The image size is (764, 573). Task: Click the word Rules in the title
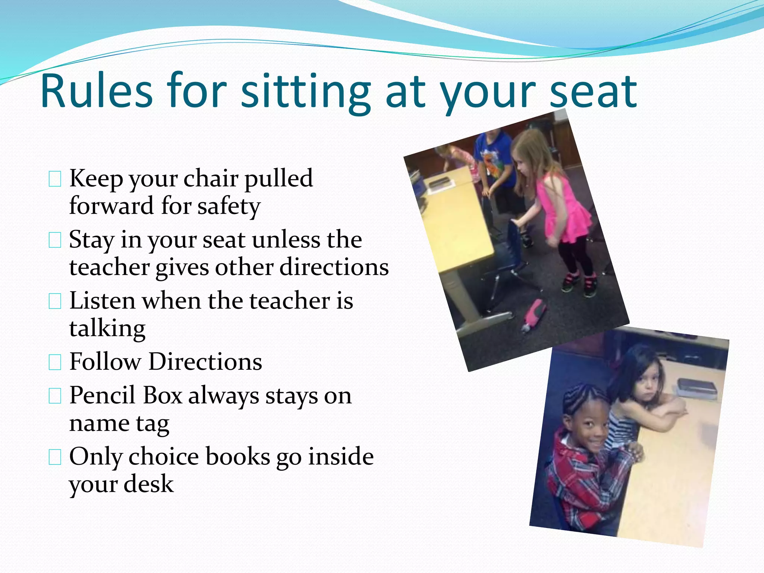point(97,91)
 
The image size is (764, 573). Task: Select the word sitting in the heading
point(306,93)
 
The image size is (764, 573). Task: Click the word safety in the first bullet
point(229,206)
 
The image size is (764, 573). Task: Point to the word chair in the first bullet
point(210,178)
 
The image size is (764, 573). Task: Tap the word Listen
point(102,301)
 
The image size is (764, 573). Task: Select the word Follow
point(105,361)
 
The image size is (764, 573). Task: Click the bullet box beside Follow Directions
point(55,362)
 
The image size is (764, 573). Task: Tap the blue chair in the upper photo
point(511,254)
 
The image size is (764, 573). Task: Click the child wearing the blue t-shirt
point(496,164)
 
